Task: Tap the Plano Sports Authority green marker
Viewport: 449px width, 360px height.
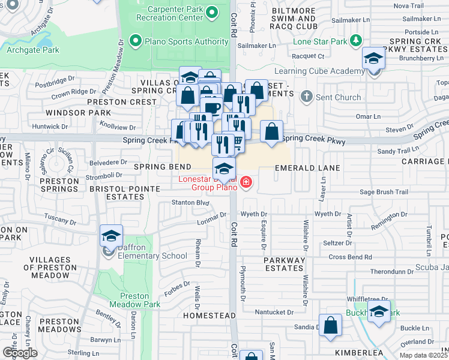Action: [x=135, y=41]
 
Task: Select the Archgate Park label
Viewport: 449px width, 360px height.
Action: [x=32, y=50]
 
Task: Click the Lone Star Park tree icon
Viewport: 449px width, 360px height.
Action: [x=357, y=40]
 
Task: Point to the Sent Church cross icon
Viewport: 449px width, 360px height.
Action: [x=307, y=96]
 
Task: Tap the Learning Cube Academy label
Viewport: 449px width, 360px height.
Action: [x=328, y=71]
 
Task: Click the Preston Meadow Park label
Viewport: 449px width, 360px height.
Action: [x=134, y=300]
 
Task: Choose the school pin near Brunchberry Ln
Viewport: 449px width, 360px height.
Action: [x=373, y=59]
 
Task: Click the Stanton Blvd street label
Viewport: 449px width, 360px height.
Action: [x=188, y=203]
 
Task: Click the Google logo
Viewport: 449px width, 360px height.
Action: [x=20, y=353]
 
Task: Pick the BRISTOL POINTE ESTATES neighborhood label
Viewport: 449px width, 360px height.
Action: [x=124, y=193]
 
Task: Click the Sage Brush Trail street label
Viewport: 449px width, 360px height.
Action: [x=384, y=192]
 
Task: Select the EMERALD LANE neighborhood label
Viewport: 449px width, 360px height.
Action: [x=307, y=169]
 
